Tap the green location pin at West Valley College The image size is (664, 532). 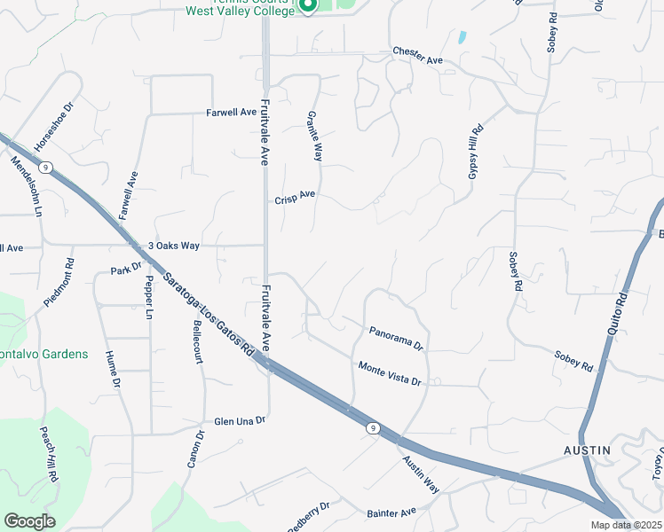pos(307,6)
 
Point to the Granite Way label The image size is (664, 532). pos(313,136)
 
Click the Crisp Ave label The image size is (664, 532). pos(295,199)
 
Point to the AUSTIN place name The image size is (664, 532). pos(588,450)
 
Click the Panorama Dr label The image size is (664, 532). pos(397,337)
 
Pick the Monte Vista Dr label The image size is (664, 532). pos(389,372)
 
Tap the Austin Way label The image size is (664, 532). pos(420,475)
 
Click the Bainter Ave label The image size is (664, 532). pos(391,512)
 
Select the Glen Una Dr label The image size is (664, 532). pos(240,421)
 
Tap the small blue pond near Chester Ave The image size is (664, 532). pos(462,37)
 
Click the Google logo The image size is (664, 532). pos(29,521)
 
